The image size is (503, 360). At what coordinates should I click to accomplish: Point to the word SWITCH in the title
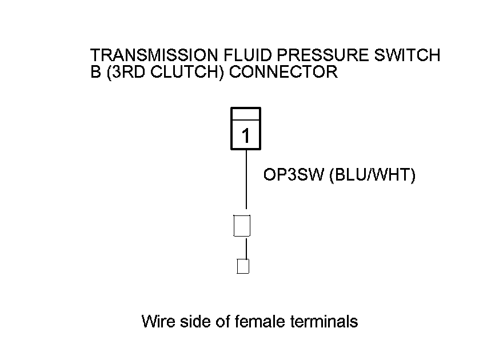point(408,55)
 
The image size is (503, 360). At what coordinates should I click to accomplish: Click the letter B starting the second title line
point(95,71)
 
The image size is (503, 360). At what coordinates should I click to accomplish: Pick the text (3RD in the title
point(126,72)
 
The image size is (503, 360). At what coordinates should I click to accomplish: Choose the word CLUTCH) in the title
point(187,72)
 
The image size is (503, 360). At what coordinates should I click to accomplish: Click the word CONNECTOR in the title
point(284,71)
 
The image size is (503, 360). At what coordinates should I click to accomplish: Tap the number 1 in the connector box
point(246,135)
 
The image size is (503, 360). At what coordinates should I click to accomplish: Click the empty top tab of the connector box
point(246,114)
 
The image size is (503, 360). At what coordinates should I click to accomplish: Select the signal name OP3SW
point(294,175)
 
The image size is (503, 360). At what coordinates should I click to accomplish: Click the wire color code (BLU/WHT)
point(373,175)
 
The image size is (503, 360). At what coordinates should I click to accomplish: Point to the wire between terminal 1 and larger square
point(246,179)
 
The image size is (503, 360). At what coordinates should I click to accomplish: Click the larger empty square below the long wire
point(242,226)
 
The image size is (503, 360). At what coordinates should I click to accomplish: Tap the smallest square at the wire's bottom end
point(243,266)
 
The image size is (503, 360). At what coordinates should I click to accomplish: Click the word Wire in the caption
point(158,321)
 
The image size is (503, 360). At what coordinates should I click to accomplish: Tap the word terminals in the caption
point(324,321)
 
